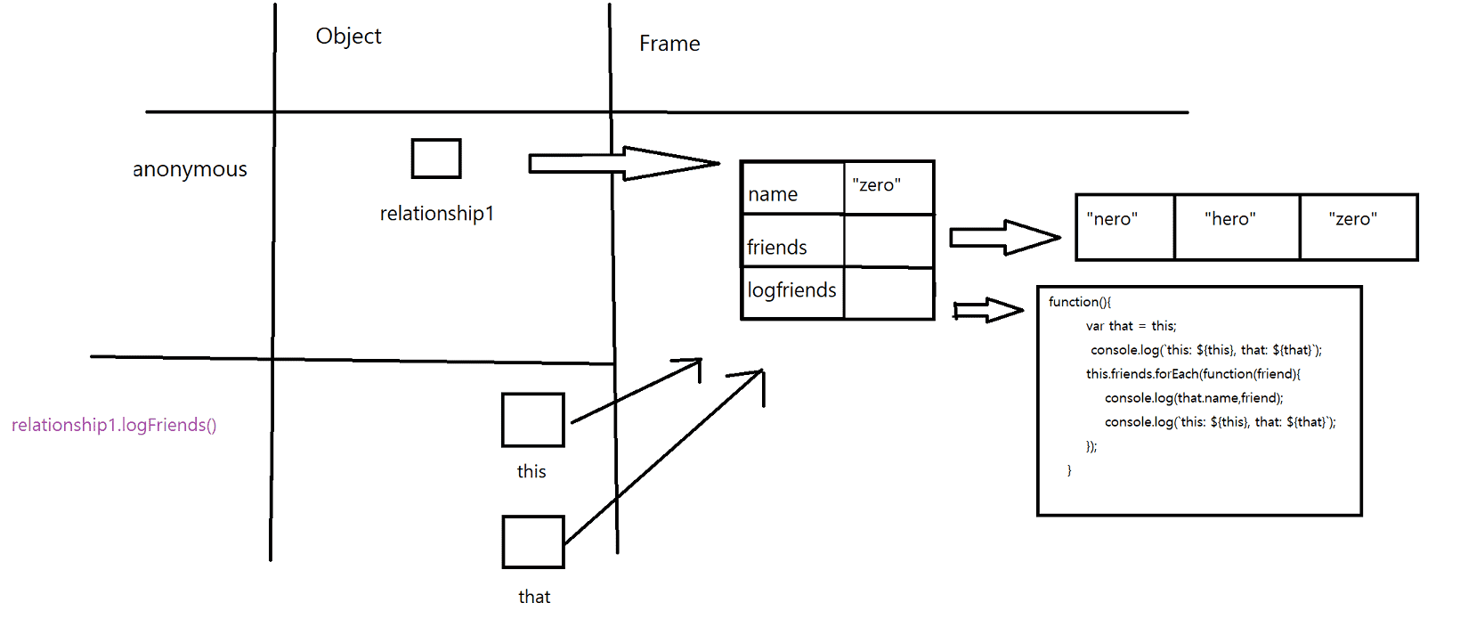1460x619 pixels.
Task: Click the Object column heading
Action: pos(348,37)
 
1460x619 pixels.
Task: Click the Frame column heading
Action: pos(669,44)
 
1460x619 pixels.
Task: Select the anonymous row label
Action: pos(190,169)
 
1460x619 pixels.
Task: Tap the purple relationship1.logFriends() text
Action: pos(114,425)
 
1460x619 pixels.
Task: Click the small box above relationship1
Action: pos(436,159)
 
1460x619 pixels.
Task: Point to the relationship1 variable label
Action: pos(436,214)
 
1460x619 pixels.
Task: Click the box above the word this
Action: pos(532,419)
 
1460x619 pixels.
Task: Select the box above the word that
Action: pos(532,542)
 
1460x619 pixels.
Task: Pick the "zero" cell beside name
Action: pos(888,188)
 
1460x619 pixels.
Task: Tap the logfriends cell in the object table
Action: pos(792,292)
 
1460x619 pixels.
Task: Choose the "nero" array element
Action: pos(1124,227)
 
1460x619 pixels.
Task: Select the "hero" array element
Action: pos(1237,227)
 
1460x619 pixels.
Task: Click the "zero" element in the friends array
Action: pos(1358,227)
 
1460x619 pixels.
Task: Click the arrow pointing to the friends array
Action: pos(1004,237)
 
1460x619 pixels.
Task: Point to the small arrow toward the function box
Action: pos(988,310)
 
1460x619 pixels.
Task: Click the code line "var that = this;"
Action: pos(1131,326)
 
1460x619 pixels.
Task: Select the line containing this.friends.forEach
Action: pos(1193,374)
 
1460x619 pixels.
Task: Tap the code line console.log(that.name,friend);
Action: pos(1194,398)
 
